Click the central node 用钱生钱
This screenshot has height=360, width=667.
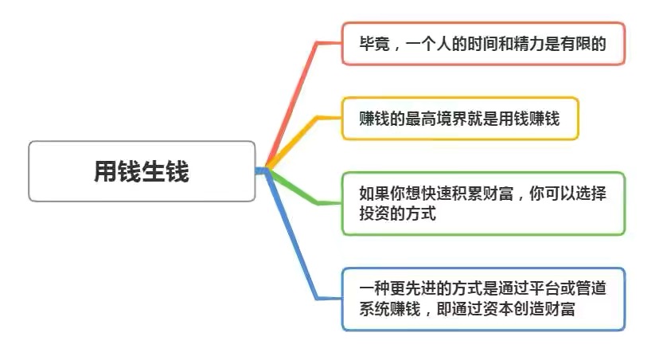[142, 171]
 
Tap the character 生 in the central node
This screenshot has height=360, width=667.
[154, 171]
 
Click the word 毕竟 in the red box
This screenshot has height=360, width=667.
[375, 44]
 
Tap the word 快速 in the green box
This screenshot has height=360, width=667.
[436, 194]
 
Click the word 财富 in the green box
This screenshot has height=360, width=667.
[498, 194]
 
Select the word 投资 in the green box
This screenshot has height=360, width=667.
[375, 213]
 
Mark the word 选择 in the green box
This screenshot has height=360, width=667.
[591, 194]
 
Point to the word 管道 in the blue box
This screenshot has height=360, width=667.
[591, 289]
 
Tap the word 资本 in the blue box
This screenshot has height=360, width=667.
[498, 309]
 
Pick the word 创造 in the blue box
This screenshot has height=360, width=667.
[529, 309]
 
